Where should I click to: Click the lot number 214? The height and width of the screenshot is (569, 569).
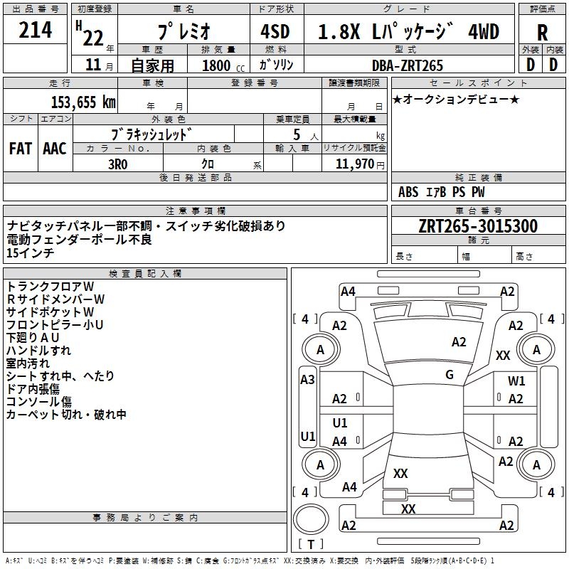click(x=36, y=31)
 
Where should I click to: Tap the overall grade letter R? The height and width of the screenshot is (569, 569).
click(x=542, y=33)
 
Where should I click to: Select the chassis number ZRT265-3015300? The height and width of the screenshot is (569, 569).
click(x=478, y=226)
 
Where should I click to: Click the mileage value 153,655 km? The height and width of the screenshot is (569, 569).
click(x=83, y=101)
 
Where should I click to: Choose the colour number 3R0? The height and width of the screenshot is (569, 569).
click(x=118, y=163)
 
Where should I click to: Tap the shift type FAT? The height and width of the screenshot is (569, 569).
click(x=21, y=149)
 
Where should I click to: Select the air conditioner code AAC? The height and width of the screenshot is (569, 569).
click(x=54, y=149)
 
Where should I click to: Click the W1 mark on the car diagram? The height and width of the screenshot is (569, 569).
click(x=516, y=381)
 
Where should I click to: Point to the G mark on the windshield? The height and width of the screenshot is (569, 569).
click(x=450, y=374)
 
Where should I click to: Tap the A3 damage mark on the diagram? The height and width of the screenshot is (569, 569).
click(x=307, y=380)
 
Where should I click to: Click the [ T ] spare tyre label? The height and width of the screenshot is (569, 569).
click(x=310, y=544)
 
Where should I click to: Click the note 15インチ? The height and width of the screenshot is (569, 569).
click(x=30, y=252)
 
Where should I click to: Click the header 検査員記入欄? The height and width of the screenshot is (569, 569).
click(x=145, y=273)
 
